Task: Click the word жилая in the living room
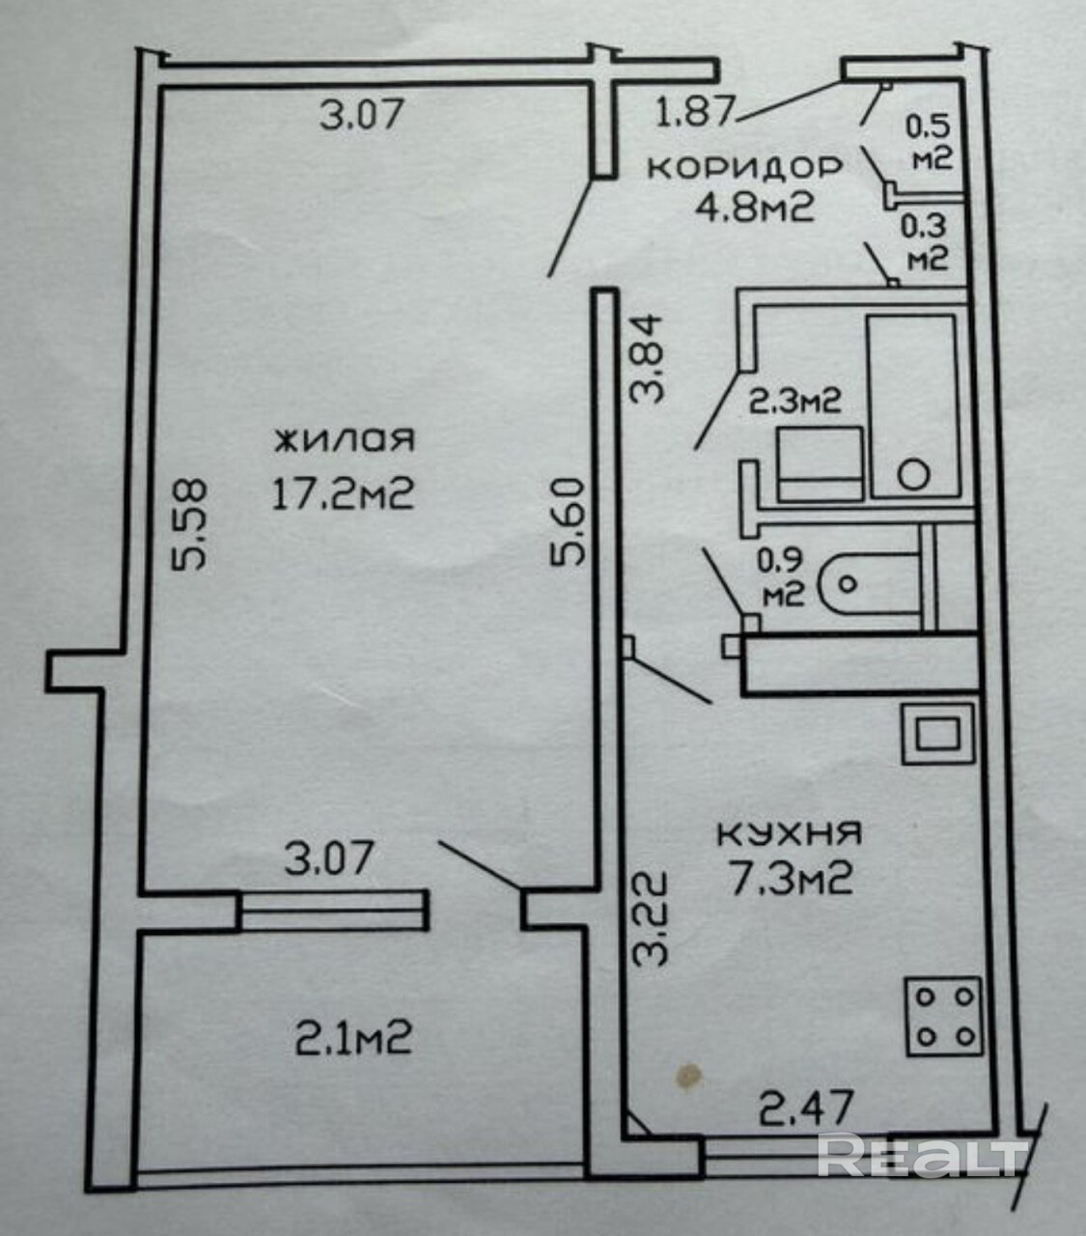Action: pos(345,440)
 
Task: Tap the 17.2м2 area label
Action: pos(344,495)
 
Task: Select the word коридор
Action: pos(744,167)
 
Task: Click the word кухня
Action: pos(790,831)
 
